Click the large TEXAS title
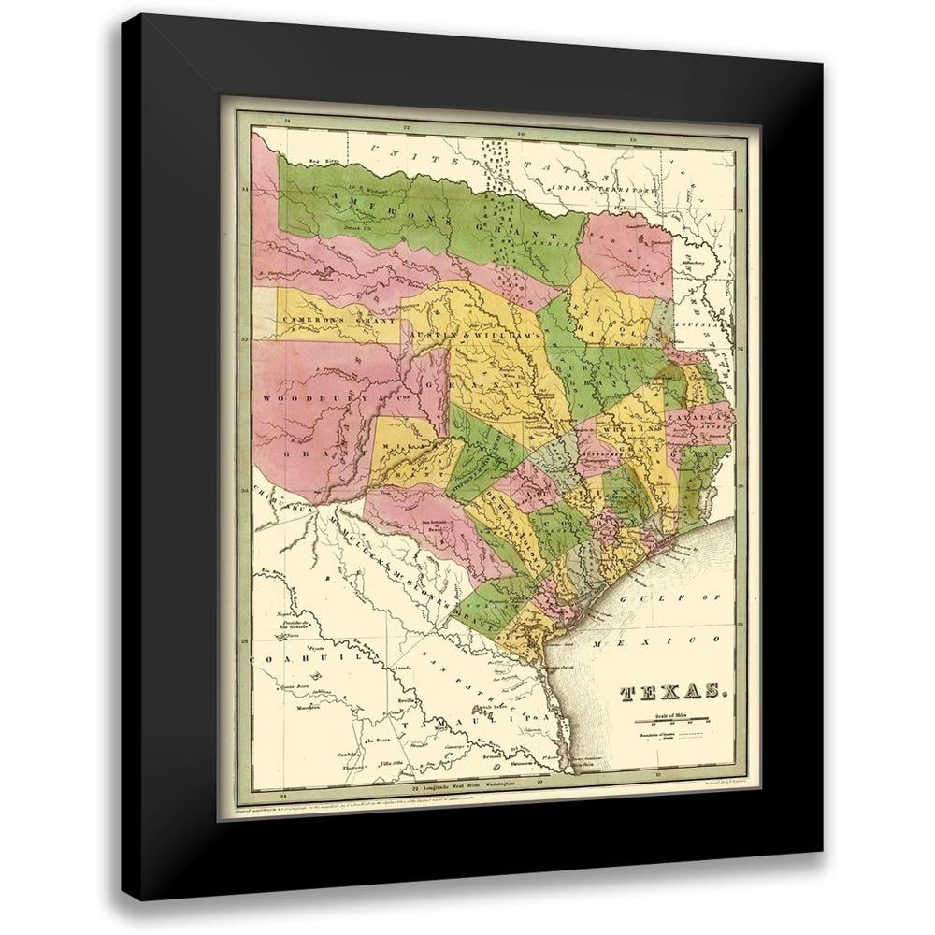tap(672, 693)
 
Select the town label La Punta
tap(379, 741)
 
